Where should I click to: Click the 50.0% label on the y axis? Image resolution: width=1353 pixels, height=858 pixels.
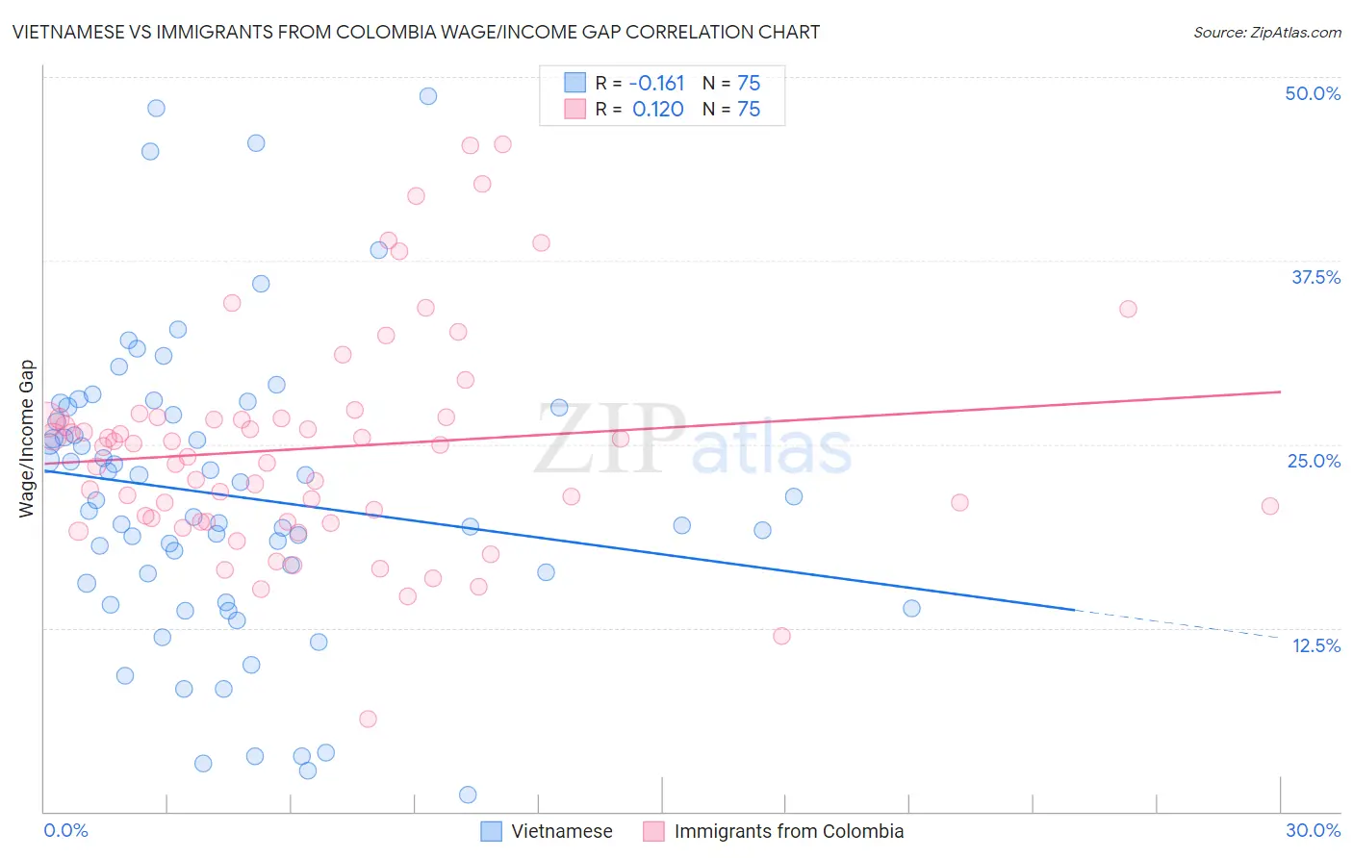[x=1313, y=93]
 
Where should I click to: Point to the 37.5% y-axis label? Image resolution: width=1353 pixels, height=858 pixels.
[x=1315, y=277]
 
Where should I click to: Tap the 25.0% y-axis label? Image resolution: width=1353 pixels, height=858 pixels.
[x=1314, y=461]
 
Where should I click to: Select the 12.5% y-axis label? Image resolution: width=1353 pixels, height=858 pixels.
[x=1315, y=645]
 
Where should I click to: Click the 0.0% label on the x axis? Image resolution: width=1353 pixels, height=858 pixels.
[x=65, y=830]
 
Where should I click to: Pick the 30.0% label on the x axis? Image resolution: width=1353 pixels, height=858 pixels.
[x=1313, y=830]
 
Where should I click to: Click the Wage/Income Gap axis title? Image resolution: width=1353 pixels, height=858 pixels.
[x=27, y=439]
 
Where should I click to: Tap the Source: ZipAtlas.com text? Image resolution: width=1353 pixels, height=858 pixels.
[x=1266, y=32]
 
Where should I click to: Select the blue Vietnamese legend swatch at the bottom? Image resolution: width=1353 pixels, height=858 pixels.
[x=491, y=831]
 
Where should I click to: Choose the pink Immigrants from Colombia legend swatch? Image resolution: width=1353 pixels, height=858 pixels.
[x=653, y=831]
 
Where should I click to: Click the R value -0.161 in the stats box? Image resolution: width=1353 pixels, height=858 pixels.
[x=657, y=83]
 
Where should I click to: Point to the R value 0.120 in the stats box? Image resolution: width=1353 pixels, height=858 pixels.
[x=657, y=109]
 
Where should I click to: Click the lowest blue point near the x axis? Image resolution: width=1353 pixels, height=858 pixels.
[x=468, y=795]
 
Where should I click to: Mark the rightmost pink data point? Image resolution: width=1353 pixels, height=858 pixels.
[x=1270, y=506]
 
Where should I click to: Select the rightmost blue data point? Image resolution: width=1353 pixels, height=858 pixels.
[x=911, y=608]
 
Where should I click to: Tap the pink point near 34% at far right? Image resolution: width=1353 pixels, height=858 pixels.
[x=1128, y=309]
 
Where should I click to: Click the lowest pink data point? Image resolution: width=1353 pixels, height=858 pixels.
[x=368, y=719]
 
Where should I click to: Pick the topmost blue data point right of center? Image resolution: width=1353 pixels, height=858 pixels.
[x=428, y=96]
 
